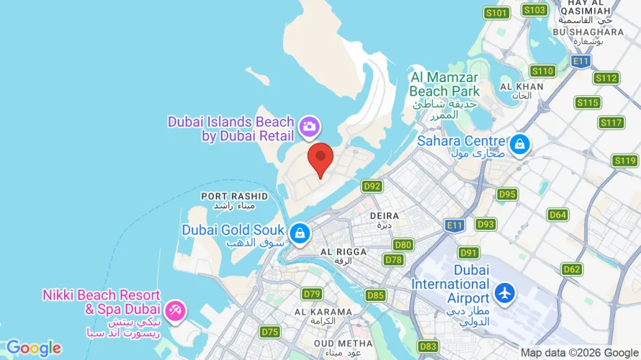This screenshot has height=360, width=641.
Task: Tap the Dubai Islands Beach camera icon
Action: click(x=310, y=126)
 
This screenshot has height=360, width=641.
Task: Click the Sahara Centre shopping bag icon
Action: click(x=519, y=145)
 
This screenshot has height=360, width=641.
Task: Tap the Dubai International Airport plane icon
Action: click(x=504, y=293)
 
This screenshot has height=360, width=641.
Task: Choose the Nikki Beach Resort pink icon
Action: click(x=174, y=311)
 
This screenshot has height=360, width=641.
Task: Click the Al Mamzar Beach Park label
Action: click(x=444, y=84)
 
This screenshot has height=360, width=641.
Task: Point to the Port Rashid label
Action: click(x=234, y=196)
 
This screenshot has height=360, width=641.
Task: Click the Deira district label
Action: click(x=384, y=215)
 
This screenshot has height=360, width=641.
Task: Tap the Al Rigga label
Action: click(x=343, y=252)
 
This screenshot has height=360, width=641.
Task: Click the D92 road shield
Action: click(x=372, y=186)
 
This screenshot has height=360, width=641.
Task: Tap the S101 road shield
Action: click(x=496, y=12)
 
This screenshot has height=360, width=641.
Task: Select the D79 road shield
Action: click(x=312, y=294)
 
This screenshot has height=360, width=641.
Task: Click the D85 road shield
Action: click(x=375, y=295)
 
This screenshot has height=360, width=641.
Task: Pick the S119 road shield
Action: click(x=624, y=160)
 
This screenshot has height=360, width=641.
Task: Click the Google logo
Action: click(x=34, y=348)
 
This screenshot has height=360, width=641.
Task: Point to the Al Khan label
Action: click(x=520, y=86)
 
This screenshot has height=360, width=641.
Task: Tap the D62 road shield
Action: click(x=572, y=269)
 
